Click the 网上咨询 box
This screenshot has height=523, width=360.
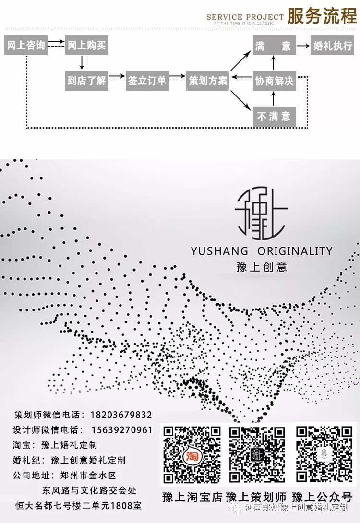[26, 46]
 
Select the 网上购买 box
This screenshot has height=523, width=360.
[87, 46]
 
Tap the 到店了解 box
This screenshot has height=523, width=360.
[87, 81]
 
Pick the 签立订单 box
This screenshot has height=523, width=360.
[147, 81]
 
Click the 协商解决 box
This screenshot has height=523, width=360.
[274, 81]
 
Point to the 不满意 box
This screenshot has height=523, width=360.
[274, 117]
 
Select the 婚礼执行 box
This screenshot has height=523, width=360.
[333, 46]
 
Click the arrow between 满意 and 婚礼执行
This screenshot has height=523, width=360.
[303, 46]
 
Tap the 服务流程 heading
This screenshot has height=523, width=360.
[322, 16]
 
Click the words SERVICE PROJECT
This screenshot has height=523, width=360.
[245, 17]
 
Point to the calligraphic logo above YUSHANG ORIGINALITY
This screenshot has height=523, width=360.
[261, 214]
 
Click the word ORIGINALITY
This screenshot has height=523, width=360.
[295, 251]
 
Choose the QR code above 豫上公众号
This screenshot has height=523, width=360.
[323, 453]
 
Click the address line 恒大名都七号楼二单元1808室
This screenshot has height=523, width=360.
[78, 506]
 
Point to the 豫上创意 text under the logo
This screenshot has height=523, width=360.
[262, 267]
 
